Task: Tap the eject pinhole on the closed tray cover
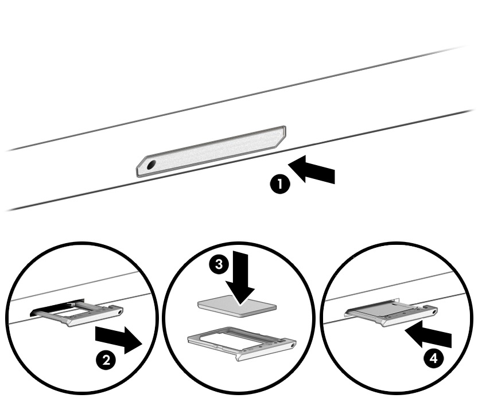click(x=151, y=165)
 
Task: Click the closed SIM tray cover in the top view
click(x=212, y=150)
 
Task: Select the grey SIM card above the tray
click(x=226, y=306)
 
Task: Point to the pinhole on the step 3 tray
click(x=292, y=345)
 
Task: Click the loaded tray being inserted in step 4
click(x=390, y=311)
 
